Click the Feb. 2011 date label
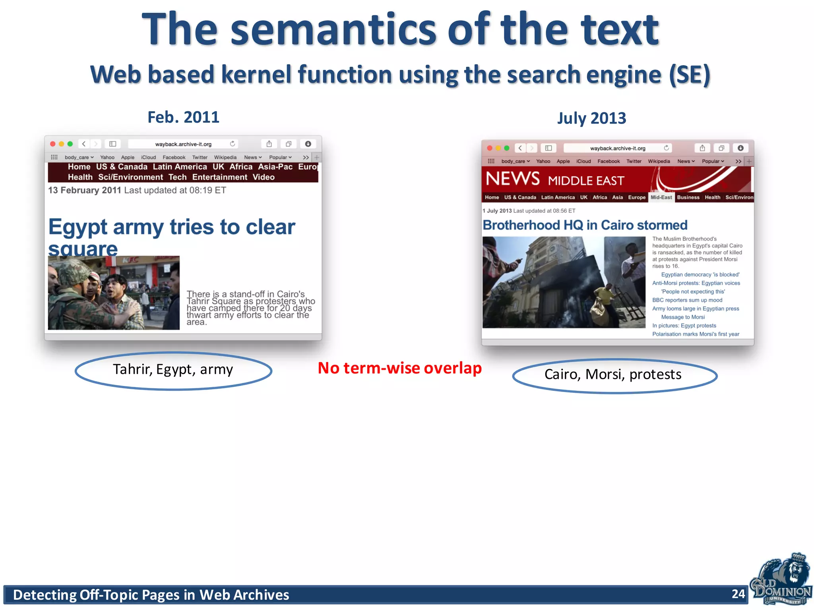(183, 117)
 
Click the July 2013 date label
(591, 118)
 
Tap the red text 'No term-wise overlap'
(399, 368)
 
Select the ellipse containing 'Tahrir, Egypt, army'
(173, 371)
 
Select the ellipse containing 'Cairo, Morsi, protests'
(614, 375)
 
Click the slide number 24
(738, 594)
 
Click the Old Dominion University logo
(781, 580)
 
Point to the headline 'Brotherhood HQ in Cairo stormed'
(585, 225)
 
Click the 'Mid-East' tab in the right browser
(661, 197)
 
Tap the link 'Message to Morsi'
(682, 317)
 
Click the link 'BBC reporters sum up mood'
(687, 300)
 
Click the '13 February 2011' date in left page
(84, 190)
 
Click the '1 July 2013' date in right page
(497, 211)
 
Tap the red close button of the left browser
(52, 144)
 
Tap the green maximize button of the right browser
(506, 148)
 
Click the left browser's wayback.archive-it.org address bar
(183, 144)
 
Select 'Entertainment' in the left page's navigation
(219, 177)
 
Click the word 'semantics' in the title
(333, 30)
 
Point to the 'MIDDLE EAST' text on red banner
(586, 181)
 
